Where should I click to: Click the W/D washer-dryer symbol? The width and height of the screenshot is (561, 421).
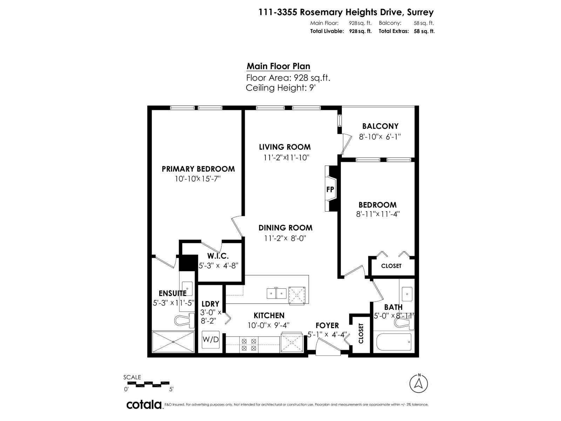tap(211, 340)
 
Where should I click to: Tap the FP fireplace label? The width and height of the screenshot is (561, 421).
tap(330, 189)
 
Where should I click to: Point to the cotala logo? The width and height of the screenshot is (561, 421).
tap(144, 405)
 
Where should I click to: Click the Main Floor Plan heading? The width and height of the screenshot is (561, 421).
tap(278, 66)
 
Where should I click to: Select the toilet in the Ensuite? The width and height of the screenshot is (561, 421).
tap(184, 320)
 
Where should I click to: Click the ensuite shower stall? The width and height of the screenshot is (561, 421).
tap(173, 341)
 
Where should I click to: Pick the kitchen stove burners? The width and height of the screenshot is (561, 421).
tap(249, 344)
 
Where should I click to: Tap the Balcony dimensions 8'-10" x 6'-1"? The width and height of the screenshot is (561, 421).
tap(380, 136)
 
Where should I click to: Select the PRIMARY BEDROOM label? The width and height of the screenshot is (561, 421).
tap(198, 169)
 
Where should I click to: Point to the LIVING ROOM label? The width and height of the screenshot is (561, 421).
tap(285, 147)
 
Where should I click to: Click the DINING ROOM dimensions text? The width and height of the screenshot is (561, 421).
tap(285, 238)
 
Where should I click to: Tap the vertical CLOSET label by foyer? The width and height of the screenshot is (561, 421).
tap(361, 333)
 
